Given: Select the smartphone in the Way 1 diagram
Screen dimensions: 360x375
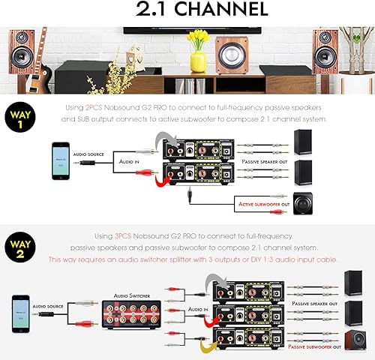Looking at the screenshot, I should (61, 160).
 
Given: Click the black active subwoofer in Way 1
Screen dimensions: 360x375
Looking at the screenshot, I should (303, 202).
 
